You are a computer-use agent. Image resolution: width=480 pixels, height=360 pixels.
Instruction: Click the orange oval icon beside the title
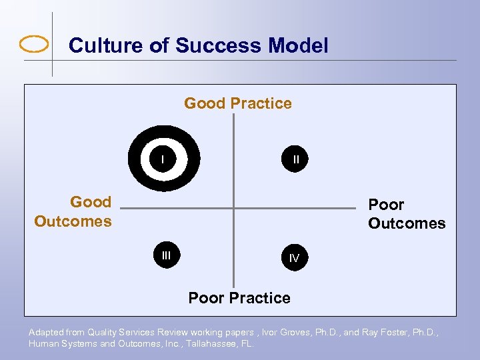click(35, 45)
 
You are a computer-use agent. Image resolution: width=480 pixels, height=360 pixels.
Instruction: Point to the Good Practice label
click(238, 103)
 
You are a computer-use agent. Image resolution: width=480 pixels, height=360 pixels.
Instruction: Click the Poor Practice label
click(239, 298)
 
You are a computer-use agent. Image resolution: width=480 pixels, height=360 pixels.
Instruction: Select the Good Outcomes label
click(73, 211)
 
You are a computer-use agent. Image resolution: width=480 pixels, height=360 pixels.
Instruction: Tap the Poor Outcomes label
click(406, 214)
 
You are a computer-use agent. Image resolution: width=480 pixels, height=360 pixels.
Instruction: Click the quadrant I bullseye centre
click(163, 159)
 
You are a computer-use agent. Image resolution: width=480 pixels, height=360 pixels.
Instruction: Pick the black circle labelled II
click(295, 159)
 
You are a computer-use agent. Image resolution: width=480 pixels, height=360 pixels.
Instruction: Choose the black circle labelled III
click(167, 255)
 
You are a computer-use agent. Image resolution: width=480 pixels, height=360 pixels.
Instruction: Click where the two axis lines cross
click(234, 209)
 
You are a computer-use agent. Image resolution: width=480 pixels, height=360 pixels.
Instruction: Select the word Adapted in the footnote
click(45, 332)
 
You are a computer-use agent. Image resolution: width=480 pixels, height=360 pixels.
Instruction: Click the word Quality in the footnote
click(102, 332)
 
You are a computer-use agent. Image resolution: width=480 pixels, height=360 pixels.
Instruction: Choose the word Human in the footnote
click(42, 344)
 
